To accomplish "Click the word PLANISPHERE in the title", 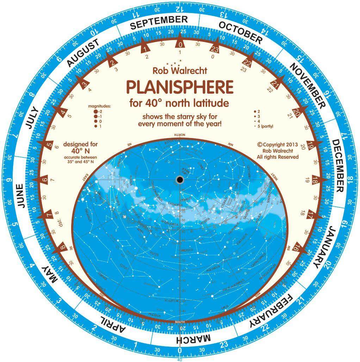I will (180, 87).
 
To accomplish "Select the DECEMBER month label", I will (337, 166).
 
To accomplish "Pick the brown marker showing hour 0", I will (180, 44).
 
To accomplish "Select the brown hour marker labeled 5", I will (50, 145).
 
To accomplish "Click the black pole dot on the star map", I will (180, 180).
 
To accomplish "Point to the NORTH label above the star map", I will (180, 136).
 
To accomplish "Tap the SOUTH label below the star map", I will (180, 322).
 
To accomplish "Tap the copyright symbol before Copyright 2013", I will (260, 144).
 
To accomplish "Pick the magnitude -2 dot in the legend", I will (95, 111).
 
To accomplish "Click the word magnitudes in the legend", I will (99, 106).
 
